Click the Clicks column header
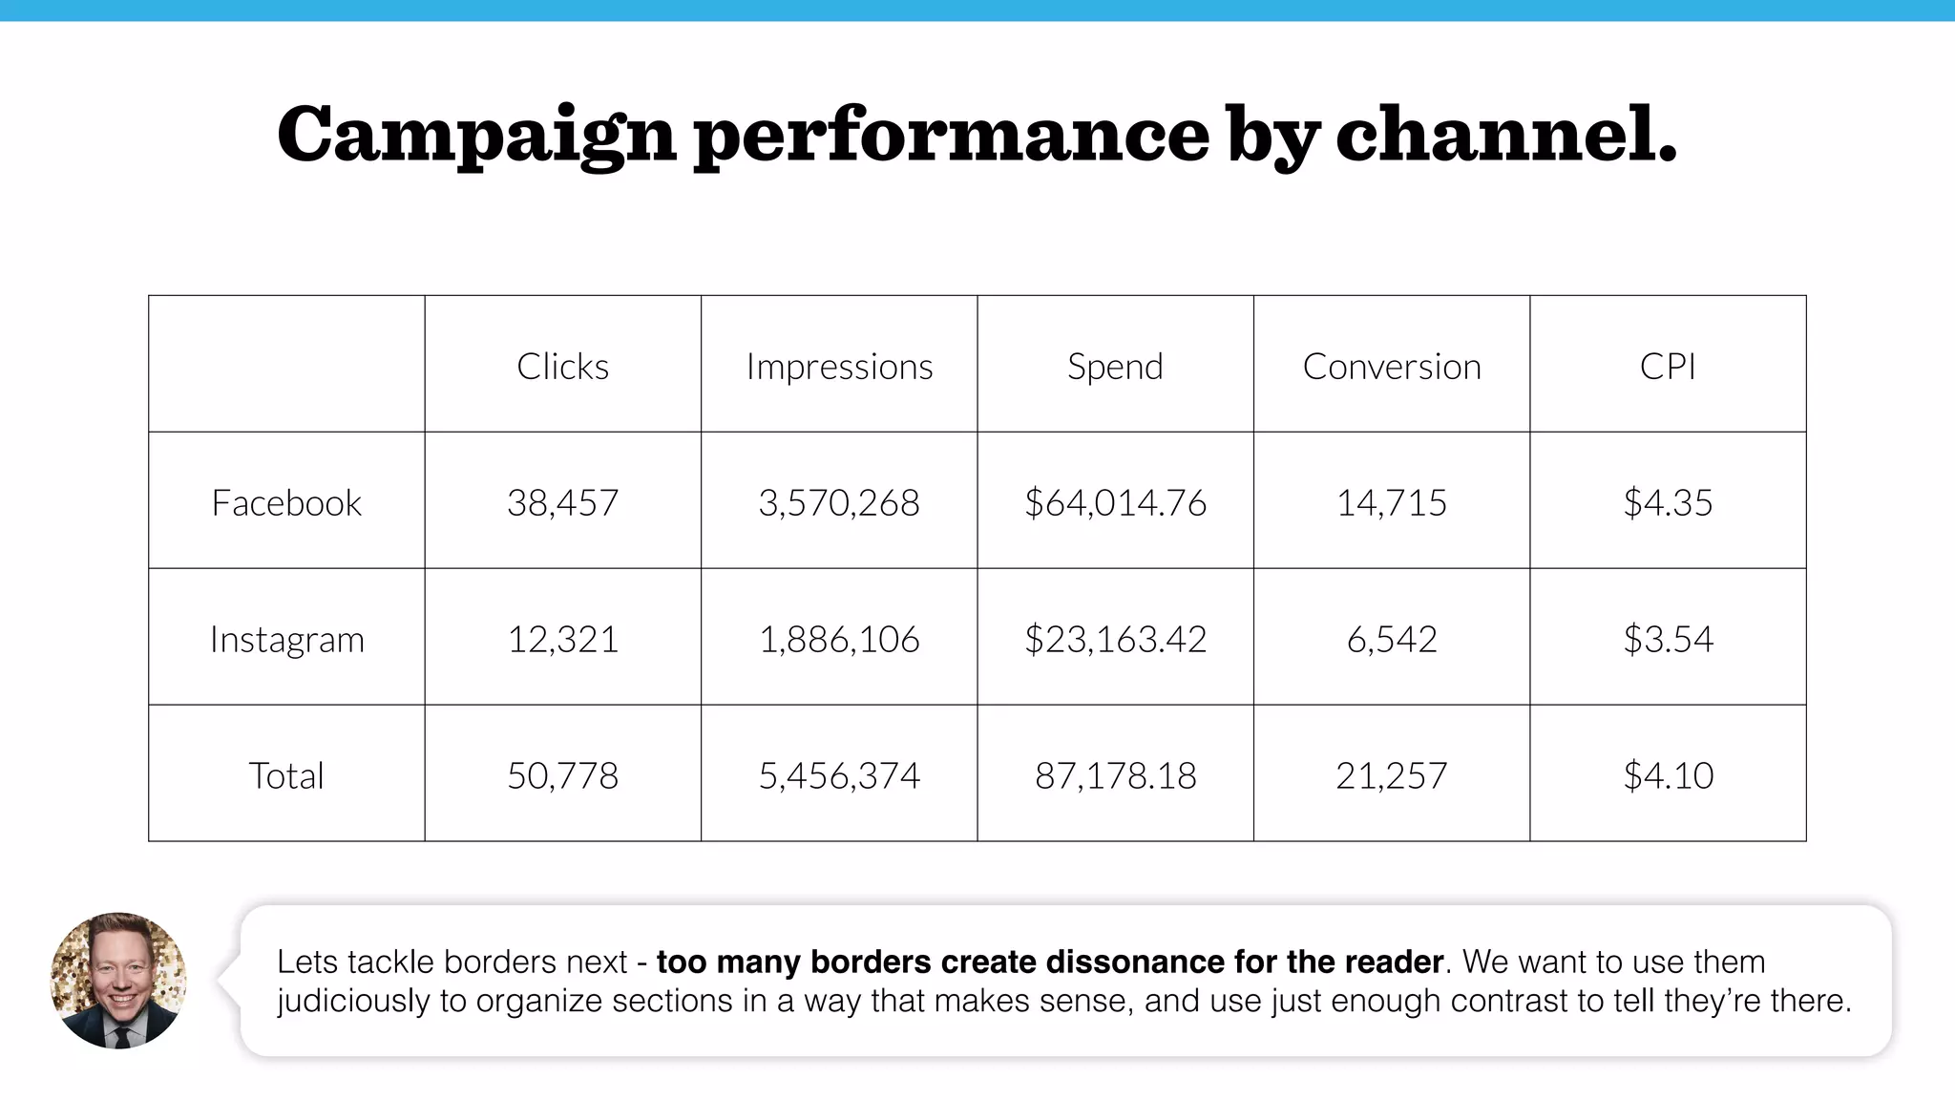pyautogui.click(x=562, y=367)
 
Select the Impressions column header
pyautogui.click(x=839, y=367)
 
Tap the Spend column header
pyautogui.click(x=1115, y=367)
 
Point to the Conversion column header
pyautogui.click(x=1391, y=367)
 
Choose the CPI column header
pyautogui.click(x=1668, y=367)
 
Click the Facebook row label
pyautogui.click(x=286, y=503)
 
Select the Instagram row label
pyautogui.click(x=286, y=640)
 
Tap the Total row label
pyautogui.click(x=286, y=775)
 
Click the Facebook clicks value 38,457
pyautogui.click(x=562, y=503)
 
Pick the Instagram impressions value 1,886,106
pyautogui.click(x=839, y=640)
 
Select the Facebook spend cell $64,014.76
pyautogui.click(x=1115, y=503)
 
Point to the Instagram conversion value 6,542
pyautogui.click(x=1391, y=640)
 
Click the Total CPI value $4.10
pyautogui.click(x=1668, y=775)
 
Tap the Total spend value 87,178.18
pyautogui.click(x=1115, y=775)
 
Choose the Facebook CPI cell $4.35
pyautogui.click(x=1668, y=503)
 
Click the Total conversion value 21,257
pyautogui.click(x=1391, y=775)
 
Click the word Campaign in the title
pyautogui.click(x=476, y=136)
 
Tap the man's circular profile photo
pyautogui.click(x=118, y=981)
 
